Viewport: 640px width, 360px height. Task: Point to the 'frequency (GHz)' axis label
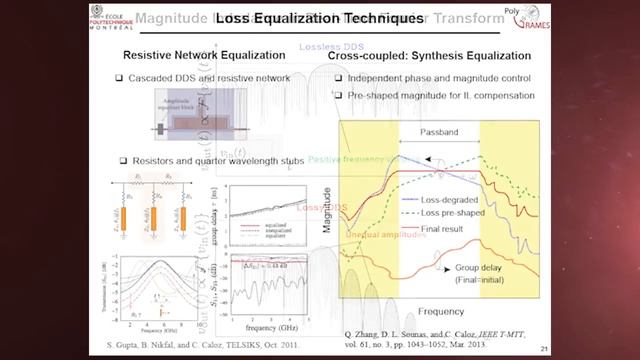click(x=266, y=326)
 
